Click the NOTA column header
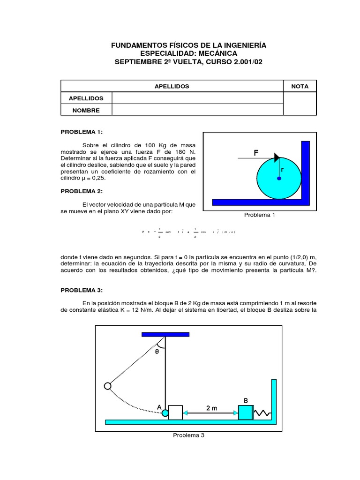300,86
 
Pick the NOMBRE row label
87,110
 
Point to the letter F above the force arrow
256,153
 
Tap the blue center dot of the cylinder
279,179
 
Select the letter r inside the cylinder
283,171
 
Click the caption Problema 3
188,435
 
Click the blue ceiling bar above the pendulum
165,334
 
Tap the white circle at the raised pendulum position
107,386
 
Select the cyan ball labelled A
165,412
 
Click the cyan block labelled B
245,412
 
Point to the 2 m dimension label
211,408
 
